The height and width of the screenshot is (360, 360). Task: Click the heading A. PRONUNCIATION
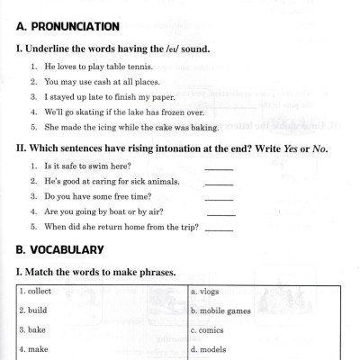point(67,27)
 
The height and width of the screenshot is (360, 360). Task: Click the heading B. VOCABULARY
point(60,249)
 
